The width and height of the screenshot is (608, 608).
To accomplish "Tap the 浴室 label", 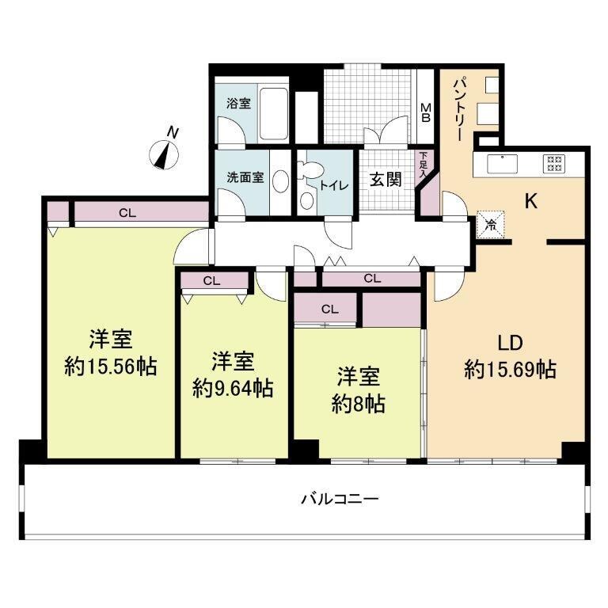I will point(238,103).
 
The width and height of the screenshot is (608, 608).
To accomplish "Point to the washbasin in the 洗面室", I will point(280,181).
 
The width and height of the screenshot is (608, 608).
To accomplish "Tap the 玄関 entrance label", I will point(386,178).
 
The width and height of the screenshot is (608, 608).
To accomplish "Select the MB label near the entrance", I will point(425,113).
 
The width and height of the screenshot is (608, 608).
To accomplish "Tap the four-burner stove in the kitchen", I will point(553,164).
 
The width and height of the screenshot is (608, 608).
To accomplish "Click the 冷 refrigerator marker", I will point(491,224).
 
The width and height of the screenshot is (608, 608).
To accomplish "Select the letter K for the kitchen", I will point(531,201).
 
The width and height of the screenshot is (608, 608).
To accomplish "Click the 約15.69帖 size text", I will point(511,368).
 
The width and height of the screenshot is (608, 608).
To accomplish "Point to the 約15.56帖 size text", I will point(110,367).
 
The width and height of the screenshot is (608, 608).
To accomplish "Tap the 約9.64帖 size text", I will point(234,387).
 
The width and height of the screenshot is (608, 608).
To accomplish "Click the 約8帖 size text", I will point(359,403).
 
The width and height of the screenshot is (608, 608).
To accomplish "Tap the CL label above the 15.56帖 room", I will point(126,212).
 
